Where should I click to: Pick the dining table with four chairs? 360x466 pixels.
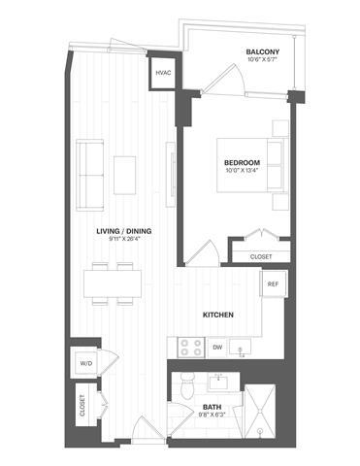pyautogui.click(x=113, y=284)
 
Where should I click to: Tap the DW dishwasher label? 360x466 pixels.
pyautogui.click(x=217, y=347)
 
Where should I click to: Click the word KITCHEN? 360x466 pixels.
pyautogui.click(x=220, y=316)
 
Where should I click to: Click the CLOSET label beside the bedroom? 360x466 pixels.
pyautogui.click(x=260, y=256)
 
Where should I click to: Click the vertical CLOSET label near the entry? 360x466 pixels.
pyautogui.click(x=82, y=406)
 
